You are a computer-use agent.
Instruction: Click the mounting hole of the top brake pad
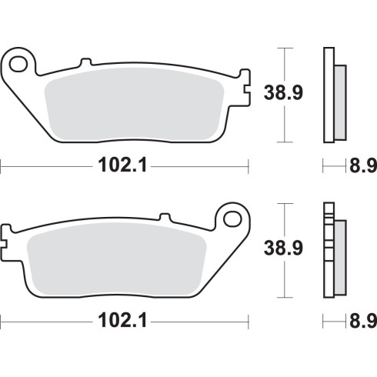18,64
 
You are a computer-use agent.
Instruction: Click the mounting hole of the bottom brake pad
232,219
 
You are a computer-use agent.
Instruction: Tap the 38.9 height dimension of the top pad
283,92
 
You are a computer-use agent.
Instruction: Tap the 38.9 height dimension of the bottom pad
283,248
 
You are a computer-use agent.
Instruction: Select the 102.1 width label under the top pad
122,165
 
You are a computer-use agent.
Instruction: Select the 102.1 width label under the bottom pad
122,320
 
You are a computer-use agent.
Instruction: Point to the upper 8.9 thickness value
363,165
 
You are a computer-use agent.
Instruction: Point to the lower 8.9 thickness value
363,321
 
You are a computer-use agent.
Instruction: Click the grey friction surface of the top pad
135,104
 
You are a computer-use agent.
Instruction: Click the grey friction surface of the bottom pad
117,259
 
